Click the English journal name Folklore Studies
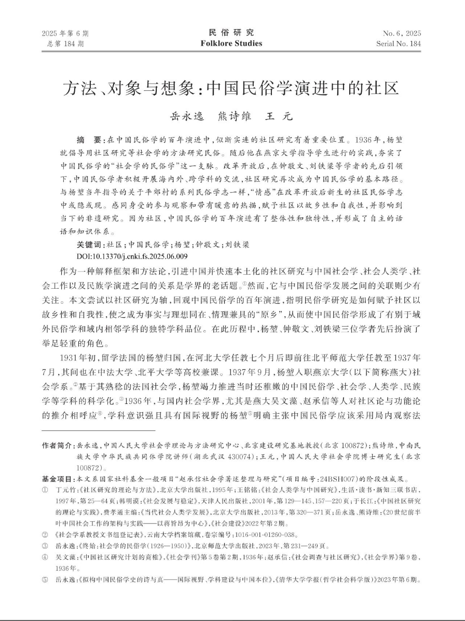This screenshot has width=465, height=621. [232, 44]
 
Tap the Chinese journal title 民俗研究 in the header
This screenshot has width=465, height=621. [232, 33]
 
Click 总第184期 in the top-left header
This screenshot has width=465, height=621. [61, 44]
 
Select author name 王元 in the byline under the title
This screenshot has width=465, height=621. [280, 116]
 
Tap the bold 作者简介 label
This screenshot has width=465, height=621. [58, 446]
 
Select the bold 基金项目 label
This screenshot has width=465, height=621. [58, 479]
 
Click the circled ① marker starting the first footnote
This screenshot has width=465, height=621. [45, 490]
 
